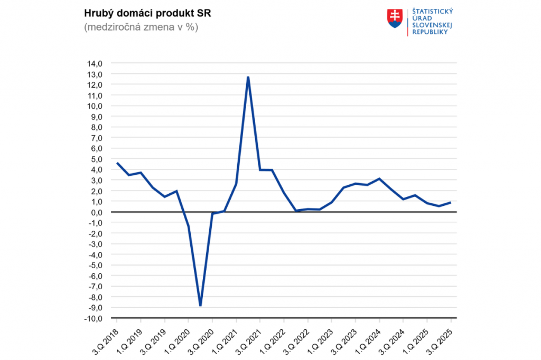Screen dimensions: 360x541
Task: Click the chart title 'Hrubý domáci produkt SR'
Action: point(141,13)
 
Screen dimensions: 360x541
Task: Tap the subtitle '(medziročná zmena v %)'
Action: point(141,27)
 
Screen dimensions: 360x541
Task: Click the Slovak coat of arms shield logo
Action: point(395,18)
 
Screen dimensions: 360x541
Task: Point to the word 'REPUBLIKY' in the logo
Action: point(430,32)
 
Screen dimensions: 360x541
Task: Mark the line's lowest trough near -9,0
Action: point(200,305)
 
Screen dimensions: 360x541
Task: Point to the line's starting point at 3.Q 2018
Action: point(117,163)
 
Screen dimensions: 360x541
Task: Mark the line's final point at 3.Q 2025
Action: point(451,202)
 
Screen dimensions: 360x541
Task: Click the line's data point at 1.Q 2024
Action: point(379,178)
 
